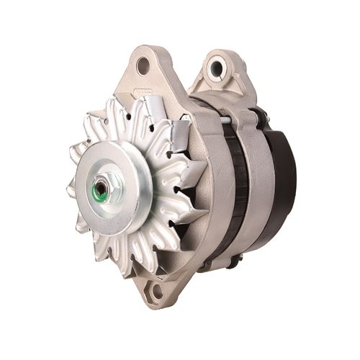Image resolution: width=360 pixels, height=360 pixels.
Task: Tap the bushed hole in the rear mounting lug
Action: (215, 68)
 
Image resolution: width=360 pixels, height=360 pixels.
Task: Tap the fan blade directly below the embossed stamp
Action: (148, 115)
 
